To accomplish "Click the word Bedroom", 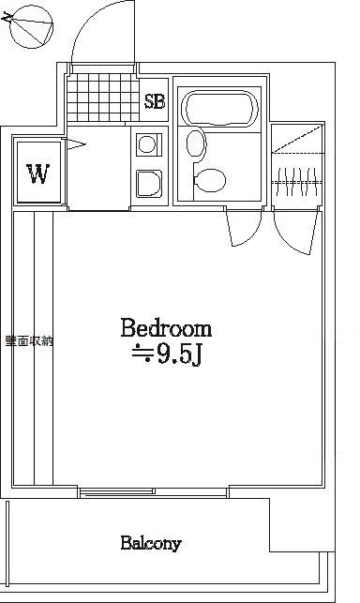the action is pos(166,328).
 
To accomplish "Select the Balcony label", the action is pos(151,544).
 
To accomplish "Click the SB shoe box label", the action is pos(155,101).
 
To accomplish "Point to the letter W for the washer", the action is pos(38,173).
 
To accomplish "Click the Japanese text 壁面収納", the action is pos(29,341).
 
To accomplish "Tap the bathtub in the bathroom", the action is pos(219,108).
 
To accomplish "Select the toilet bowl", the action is pos(210,180).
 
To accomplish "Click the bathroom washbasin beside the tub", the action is pos(196,143).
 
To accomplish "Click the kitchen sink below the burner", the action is pos(149,184).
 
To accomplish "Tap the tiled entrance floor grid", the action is pos(103,98).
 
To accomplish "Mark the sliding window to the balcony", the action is pos(154,492).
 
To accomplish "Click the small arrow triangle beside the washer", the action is pos(75,144).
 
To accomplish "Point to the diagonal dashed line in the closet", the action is pos(297,138).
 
